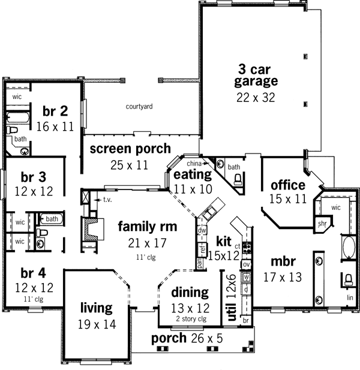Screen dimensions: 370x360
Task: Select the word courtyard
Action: click(x=139, y=107)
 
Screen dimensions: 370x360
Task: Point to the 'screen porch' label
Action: click(x=130, y=149)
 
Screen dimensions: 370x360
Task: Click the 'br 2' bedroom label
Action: click(x=55, y=111)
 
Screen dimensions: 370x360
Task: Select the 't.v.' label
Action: click(x=108, y=199)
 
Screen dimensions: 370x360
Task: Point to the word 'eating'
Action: click(x=192, y=175)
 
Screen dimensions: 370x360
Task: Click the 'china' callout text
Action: click(x=194, y=163)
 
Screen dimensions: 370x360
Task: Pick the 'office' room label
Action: click(x=288, y=184)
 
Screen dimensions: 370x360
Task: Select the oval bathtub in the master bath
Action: click(x=348, y=246)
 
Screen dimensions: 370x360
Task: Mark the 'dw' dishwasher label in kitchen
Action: click(x=202, y=230)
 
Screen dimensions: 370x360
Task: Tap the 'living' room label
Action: click(x=96, y=308)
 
